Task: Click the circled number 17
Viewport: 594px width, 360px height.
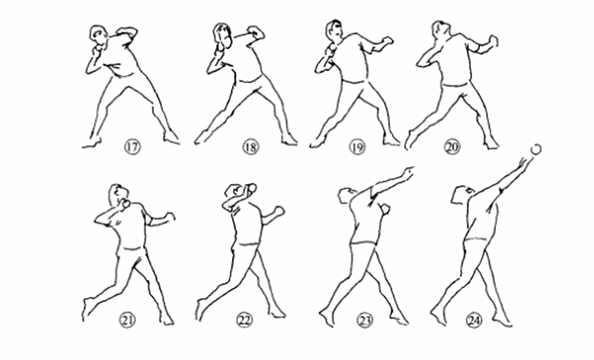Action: coord(132,147)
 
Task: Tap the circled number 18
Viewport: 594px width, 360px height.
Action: coord(250,147)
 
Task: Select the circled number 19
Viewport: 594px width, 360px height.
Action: coord(357,147)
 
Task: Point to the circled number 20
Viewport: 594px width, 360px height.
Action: coord(452,147)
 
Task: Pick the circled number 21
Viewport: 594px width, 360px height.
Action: coord(128,321)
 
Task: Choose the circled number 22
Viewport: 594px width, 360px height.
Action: coord(245,321)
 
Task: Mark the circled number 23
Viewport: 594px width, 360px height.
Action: coord(365,321)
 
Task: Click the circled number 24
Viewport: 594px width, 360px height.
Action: coord(474,321)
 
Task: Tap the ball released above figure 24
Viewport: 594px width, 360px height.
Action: coord(536,149)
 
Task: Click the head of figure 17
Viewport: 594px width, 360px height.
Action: coord(99,34)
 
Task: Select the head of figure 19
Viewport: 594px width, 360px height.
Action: coord(333,30)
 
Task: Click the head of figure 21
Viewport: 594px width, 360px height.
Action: coord(118,194)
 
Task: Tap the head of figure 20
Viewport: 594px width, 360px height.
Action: coord(441,30)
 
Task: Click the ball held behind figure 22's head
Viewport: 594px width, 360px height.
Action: coord(252,188)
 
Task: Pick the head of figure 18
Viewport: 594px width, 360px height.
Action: coord(223,35)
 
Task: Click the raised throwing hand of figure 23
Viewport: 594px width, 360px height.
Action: coord(408,172)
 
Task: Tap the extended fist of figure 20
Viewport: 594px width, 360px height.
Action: coord(493,41)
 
